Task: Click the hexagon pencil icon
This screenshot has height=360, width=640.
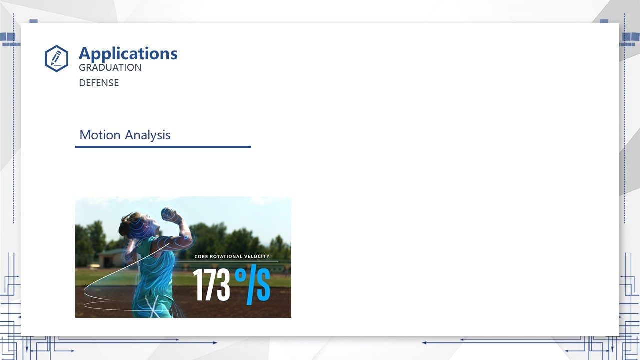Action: [x=56, y=58]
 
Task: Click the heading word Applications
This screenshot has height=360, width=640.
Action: [x=128, y=53]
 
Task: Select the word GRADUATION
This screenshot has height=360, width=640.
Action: [x=110, y=67]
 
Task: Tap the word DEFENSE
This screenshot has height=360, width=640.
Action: [x=99, y=83]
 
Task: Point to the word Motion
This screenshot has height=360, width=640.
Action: [x=100, y=135]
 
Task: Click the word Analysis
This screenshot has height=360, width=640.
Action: [x=148, y=135]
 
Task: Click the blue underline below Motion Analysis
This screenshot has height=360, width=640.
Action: [x=163, y=147]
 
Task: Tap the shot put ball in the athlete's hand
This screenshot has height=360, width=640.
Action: [x=167, y=213]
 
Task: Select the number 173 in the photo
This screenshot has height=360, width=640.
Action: [x=211, y=284]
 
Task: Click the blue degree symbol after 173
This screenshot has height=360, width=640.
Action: [x=240, y=275]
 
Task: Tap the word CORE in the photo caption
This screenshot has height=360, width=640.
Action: [x=201, y=256]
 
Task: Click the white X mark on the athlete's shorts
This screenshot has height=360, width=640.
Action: [x=152, y=306]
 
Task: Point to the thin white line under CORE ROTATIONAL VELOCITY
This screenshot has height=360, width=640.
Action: [x=227, y=261]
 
